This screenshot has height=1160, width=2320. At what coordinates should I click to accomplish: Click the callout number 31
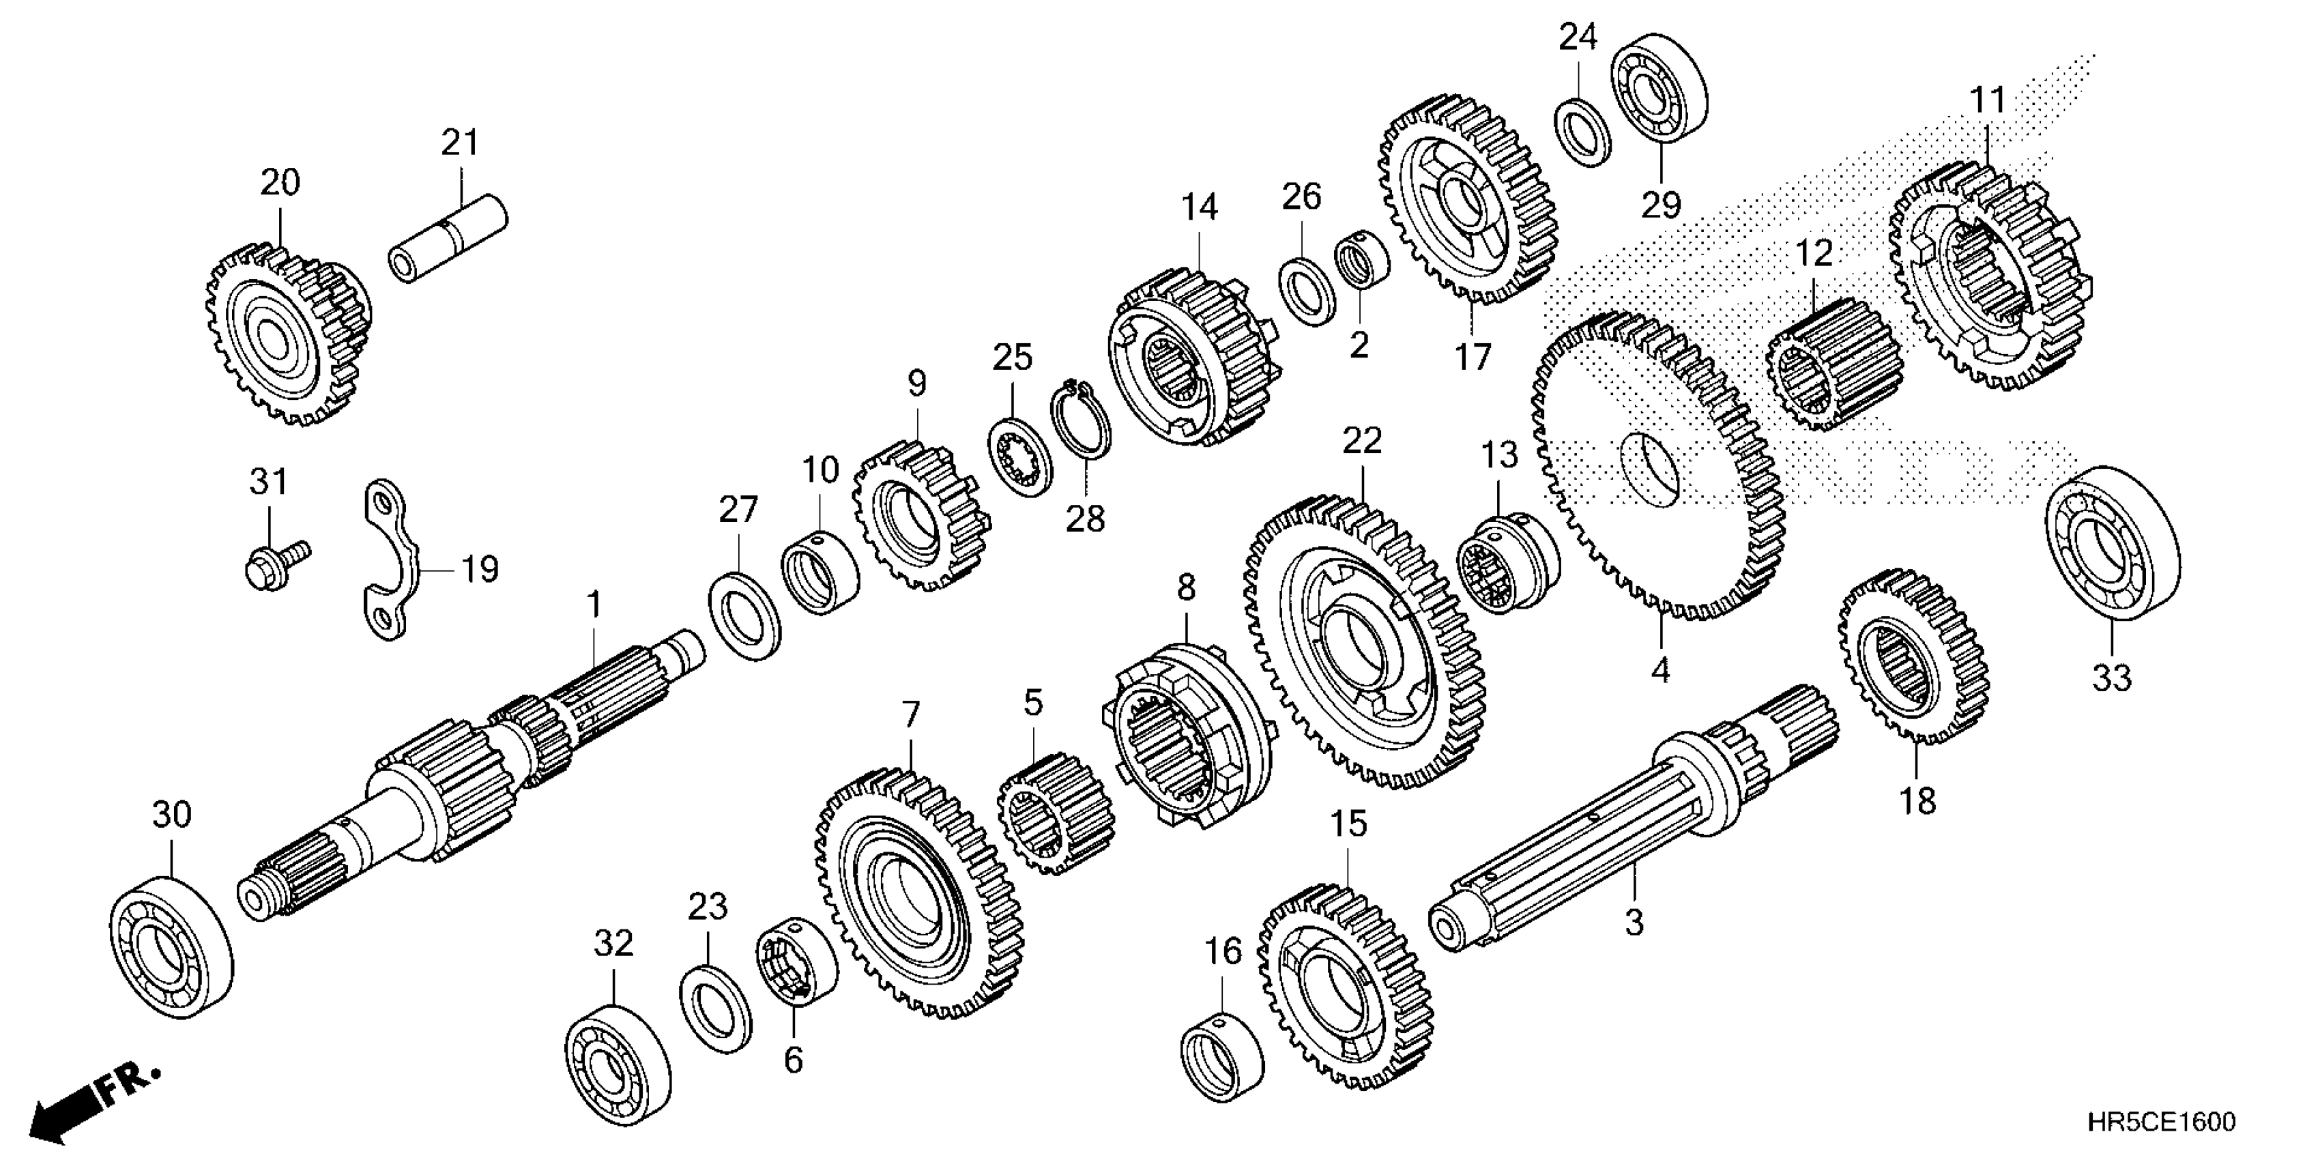tap(268, 482)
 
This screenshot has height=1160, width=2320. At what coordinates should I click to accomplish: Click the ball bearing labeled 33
tap(2112, 543)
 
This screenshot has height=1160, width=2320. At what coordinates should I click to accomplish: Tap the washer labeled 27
tap(745, 615)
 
